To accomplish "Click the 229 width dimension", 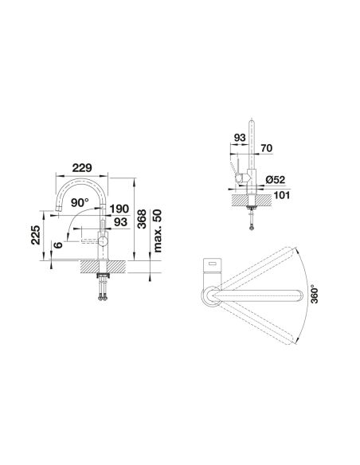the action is pyautogui.click(x=82, y=168).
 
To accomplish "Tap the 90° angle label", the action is pyautogui.click(x=80, y=203).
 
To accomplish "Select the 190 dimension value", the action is pyautogui.click(x=119, y=209).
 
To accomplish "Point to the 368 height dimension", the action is pyautogui.click(x=142, y=219).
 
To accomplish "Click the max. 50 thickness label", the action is pyautogui.click(x=158, y=231).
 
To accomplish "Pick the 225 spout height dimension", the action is pyautogui.click(x=36, y=235).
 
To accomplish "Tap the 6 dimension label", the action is pyautogui.click(x=58, y=245).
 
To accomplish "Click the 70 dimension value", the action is pyautogui.click(x=266, y=148).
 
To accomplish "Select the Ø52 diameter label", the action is pyautogui.click(x=275, y=180).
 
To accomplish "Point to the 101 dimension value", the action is pyautogui.click(x=281, y=195).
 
